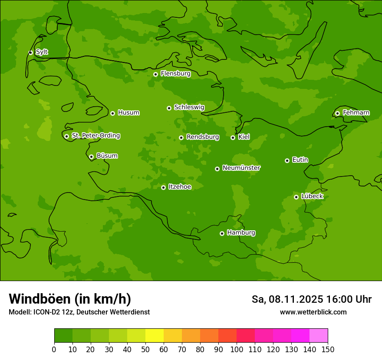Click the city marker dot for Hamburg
pos(222,233)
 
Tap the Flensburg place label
pos(175,74)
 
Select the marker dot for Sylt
pos(30,52)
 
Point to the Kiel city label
pos(244,137)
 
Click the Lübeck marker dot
pos(296,197)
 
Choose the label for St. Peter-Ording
pos(95,136)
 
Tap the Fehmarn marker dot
pos(337,113)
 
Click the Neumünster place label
pos(241,168)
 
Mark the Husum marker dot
pos(112,113)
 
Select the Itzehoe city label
pos(180,187)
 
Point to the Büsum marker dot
pos(91,157)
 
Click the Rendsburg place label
pos(202,137)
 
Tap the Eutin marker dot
pos(287,160)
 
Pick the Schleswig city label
pos(189,107)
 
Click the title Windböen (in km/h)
pos(70,299)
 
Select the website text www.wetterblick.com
pos(313,312)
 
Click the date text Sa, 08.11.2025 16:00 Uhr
pos(311,299)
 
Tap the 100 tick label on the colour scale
pos(237,349)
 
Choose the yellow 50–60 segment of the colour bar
pos(155,336)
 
